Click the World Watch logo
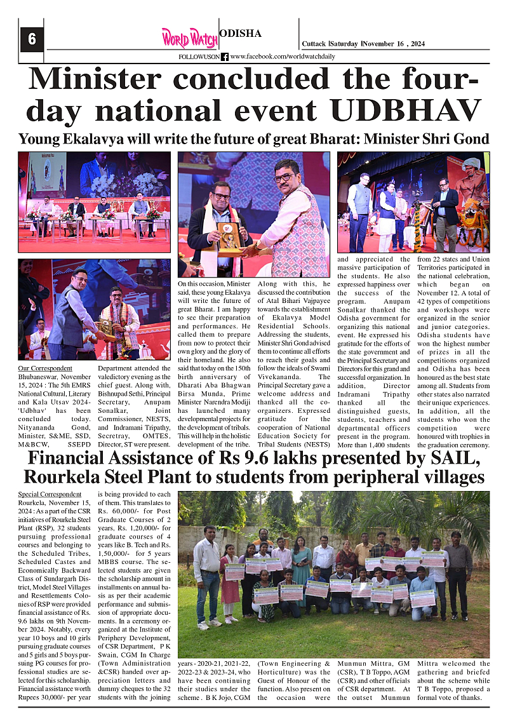(189, 37)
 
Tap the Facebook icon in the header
(225, 57)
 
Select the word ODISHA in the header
(240, 34)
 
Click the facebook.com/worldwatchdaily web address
(282, 57)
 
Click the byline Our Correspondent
(45, 368)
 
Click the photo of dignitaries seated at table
(94, 201)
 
